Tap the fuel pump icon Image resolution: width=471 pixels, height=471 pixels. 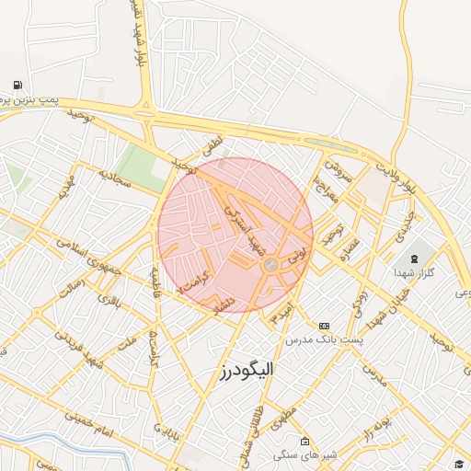(18, 86)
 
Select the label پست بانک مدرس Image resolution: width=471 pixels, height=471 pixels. (324, 340)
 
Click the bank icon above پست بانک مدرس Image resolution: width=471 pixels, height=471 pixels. (324, 326)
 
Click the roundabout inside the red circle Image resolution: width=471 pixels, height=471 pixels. (270, 265)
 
